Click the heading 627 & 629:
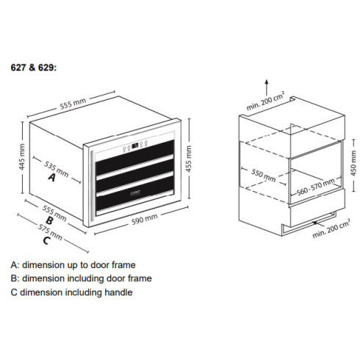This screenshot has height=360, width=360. pyautogui.click(x=34, y=68)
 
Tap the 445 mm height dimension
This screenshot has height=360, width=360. pyautogui.click(x=22, y=157)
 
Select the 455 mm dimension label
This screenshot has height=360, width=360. pyautogui.click(x=189, y=159)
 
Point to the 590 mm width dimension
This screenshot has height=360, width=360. pyautogui.click(x=145, y=219)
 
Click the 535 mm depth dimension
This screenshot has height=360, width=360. pyautogui.click(x=57, y=169)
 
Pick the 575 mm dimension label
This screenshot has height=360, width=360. pyautogui.click(x=50, y=231)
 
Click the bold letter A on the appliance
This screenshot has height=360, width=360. pyautogui.click(x=51, y=177)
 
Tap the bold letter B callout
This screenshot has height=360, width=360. pyautogui.click(x=49, y=220)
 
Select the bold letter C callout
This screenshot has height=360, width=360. pyautogui.click(x=46, y=241)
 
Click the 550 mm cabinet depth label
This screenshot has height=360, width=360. pyautogui.click(x=264, y=175)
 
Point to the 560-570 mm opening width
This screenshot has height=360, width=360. pyautogui.click(x=316, y=187)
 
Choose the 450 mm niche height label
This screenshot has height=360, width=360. pyautogui.click(x=353, y=163)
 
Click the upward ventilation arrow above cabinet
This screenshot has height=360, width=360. pyautogui.click(x=267, y=87)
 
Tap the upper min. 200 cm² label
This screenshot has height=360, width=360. pyautogui.click(x=265, y=101)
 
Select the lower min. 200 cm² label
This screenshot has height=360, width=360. pyautogui.click(x=331, y=228)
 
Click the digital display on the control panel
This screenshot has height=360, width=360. pyautogui.click(x=135, y=146)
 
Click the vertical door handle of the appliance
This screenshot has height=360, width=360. pyautogui.click(x=91, y=185)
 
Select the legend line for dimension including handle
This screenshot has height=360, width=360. pyautogui.click(x=71, y=292)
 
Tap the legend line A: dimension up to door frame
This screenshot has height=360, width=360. pyautogui.click(x=73, y=265)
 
